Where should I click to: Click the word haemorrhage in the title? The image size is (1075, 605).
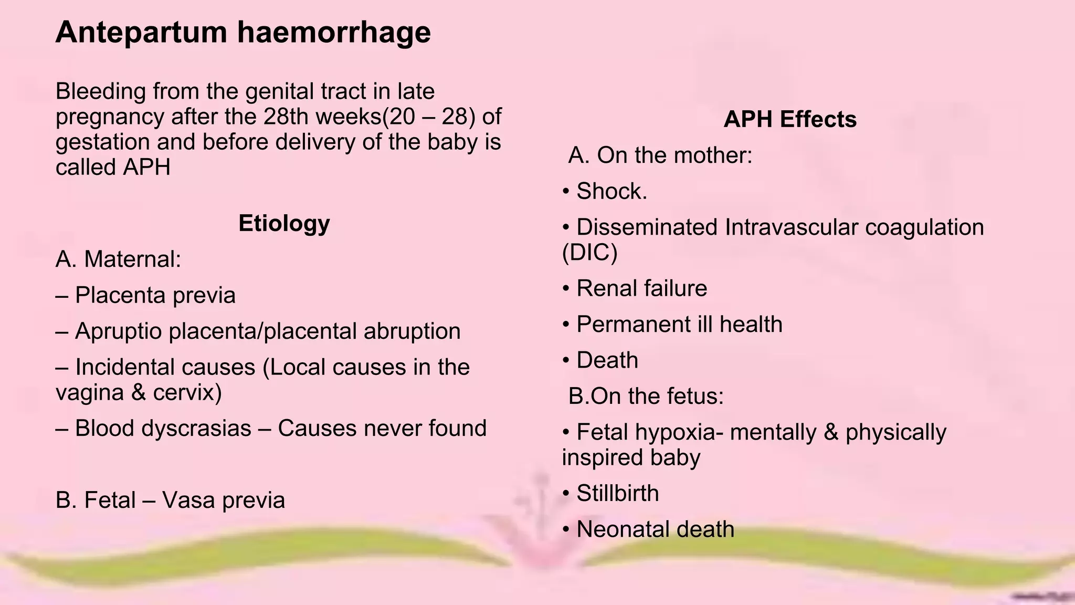pos(334,33)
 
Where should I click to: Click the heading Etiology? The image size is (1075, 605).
pos(284,223)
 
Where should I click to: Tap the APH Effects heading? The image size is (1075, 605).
pos(790,119)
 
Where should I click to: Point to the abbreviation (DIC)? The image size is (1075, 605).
pos(589,253)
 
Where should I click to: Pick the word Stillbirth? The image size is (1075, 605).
pos(617,493)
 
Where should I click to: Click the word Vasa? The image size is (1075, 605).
pos(189,500)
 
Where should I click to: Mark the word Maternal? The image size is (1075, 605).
pos(132,259)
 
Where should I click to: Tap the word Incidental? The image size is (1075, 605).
pos(124,367)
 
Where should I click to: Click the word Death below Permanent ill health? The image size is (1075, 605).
pos(607,360)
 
